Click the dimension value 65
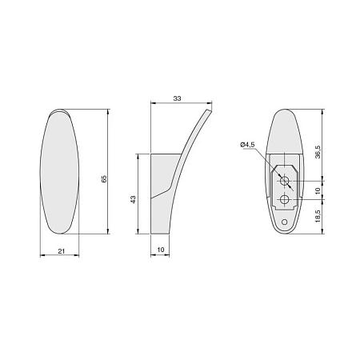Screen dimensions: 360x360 (x=104, y=178)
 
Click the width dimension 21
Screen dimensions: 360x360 (x=62, y=251)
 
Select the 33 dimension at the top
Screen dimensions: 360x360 (x=177, y=98)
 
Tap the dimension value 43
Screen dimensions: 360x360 (x=133, y=200)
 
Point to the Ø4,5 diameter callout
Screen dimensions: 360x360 (x=247, y=145)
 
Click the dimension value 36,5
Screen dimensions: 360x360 (x=318, y=152)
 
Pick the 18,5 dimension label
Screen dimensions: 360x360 (x=318, y=216)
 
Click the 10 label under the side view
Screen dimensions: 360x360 (x=161, y=250)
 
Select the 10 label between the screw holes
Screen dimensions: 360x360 (x=318, y=190)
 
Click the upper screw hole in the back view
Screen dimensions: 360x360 (x=285, y=181)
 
